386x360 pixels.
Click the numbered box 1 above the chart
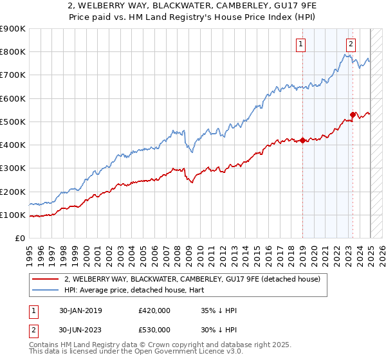(x=301, y=44)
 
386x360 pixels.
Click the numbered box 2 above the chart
(x=351, y=44)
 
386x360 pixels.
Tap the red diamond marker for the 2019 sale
(x=302, y=140)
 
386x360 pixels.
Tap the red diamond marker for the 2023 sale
(x=353, y=114)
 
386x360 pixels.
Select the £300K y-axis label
(x=13, y=168)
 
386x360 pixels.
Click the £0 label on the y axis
(x=20, y=239)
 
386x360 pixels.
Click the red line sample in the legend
(x=45, y=278)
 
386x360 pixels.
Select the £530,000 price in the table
(x=154, y=330)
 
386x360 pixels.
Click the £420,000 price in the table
(x=154, y=310)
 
